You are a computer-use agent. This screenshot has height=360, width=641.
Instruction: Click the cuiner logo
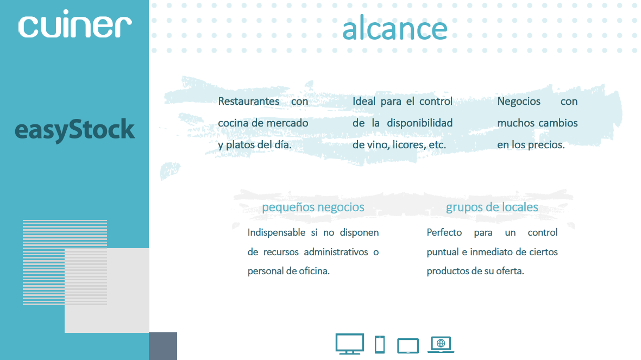pyautogui.click(x=75, y=24)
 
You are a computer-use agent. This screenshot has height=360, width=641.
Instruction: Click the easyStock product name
pyautogui.click(x=74, y=130)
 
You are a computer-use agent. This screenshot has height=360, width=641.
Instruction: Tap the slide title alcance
pyautogui.click(x=394, y=28)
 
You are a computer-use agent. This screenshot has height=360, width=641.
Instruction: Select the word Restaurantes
pyautogui.click(x=249, y=102)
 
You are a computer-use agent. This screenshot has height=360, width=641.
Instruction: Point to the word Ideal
pyautogui.click(x=364, y=102)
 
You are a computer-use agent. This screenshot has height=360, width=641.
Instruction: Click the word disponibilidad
pyautogui.click(x=420, y=123)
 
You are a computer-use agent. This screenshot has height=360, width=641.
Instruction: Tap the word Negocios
pyautogui.click(x=519, y=102)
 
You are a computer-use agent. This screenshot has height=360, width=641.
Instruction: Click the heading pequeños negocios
pyautogui.click(x=313, y=207)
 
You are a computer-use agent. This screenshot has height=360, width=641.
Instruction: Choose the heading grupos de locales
pyautogui.click(x=492, y=207)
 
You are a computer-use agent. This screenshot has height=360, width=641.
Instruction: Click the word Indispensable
pyautogui.click(x=276, y=232)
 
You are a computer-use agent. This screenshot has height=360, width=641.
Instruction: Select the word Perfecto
pyautogui.click(x=444, y=232)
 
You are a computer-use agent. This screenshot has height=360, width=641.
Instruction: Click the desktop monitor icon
pyautogui.click(x=349, y=344)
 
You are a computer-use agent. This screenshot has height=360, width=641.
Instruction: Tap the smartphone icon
pyautogui.click(x=380, y=344)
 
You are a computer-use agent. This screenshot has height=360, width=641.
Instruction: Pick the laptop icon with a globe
pyautogui.click(x=441, y=344)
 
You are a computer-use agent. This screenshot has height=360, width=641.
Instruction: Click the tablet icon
pyautogui.click(x=408, y=346)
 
